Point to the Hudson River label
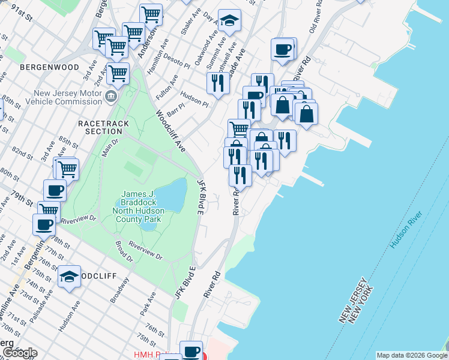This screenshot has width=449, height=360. point(407,230)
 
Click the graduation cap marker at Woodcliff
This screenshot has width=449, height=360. point(69,277)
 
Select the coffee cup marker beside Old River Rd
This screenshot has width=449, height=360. point(282,49)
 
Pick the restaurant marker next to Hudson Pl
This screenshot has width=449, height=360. point(218,83)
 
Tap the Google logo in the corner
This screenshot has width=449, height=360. point(19,353)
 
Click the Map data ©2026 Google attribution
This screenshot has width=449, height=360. point(412,355)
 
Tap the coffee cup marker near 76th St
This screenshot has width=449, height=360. point(191,351)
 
